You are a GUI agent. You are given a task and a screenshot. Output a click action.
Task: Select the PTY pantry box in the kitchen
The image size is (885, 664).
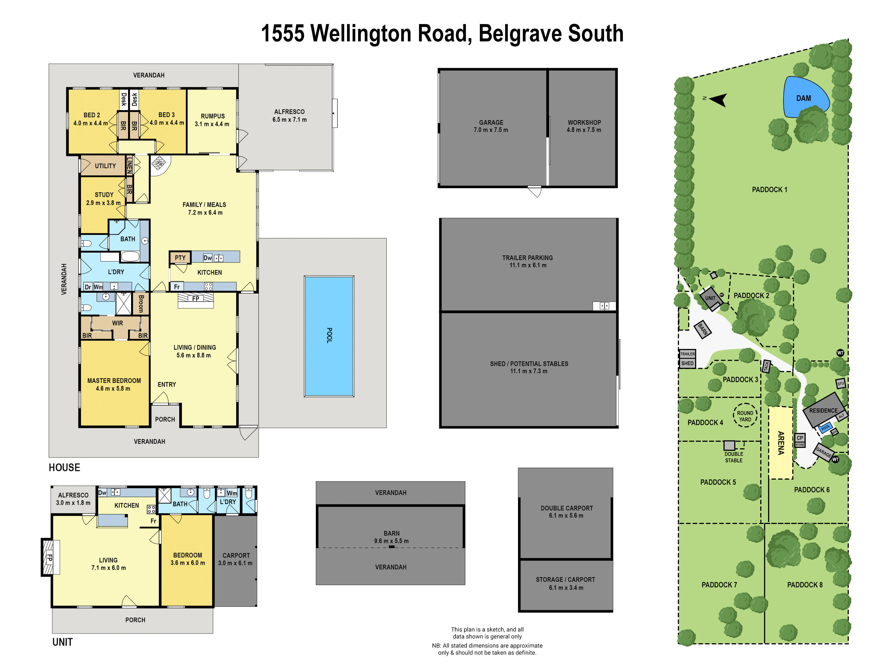click(x=180, y=257)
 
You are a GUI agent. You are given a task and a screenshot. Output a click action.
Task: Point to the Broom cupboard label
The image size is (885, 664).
click(x=141, y=304)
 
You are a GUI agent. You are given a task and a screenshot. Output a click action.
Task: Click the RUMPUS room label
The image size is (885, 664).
click(x=212, y=116)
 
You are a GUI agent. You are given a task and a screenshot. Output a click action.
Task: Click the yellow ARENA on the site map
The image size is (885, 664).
click(x=780, y=443)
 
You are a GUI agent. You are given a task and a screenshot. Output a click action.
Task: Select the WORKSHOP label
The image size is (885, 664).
click(x=584, y=123)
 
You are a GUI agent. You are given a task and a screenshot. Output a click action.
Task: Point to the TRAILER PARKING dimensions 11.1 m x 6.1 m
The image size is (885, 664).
click(x=527, y=265)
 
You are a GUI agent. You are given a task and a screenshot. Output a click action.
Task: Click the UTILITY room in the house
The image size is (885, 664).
click(x=105, y=166)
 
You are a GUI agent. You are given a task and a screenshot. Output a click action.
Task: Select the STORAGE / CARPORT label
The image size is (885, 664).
click(x=565, y=580)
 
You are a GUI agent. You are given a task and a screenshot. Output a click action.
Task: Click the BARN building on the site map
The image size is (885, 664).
click(x=702, y=329)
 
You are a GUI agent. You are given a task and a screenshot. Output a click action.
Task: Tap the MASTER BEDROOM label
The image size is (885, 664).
click(x=114, y=381)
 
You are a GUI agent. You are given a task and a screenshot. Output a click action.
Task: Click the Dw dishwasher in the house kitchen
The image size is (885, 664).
click(x=207, y=258)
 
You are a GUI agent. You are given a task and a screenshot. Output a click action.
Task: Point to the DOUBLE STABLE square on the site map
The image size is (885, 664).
click(x=729, y=445)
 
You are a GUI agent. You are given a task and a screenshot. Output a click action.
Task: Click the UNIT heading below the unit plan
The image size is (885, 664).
click(x=63, y=642)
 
